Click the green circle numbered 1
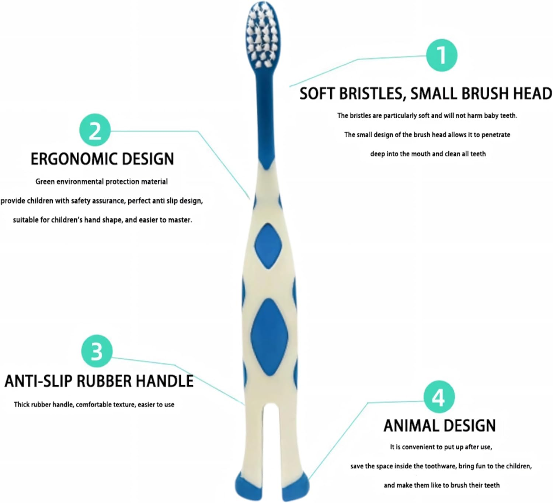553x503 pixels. (442, 55)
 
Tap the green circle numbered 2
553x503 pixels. (95, 130)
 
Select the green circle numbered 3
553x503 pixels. (97, 351)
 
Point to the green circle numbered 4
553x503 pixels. (439, 397)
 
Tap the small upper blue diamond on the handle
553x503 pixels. (268, 246)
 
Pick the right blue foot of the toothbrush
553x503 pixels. (296, 487)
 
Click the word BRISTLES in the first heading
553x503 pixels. (372, 94)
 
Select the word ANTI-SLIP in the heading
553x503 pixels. (38, 381)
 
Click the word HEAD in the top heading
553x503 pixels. (532, 94)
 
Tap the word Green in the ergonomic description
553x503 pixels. (45, 182)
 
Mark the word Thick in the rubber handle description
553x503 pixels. (21, 405)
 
